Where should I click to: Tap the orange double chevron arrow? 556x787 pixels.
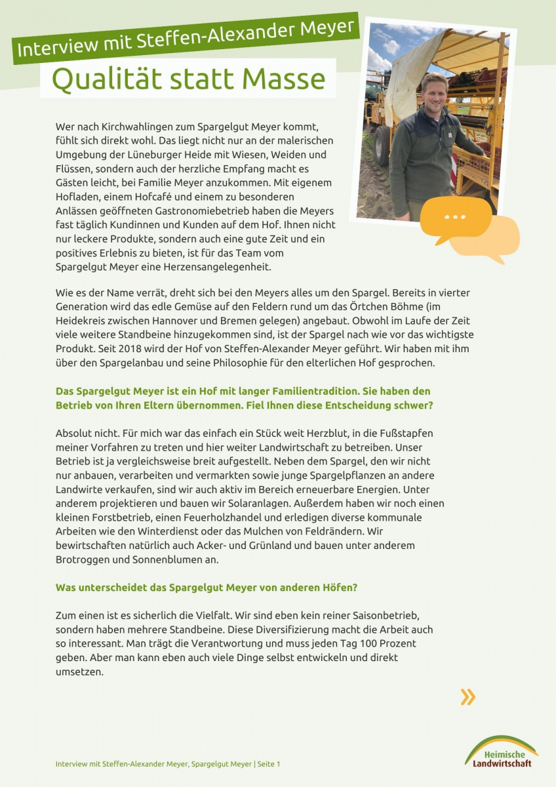467,696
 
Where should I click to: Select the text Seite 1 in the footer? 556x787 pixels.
268,764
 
